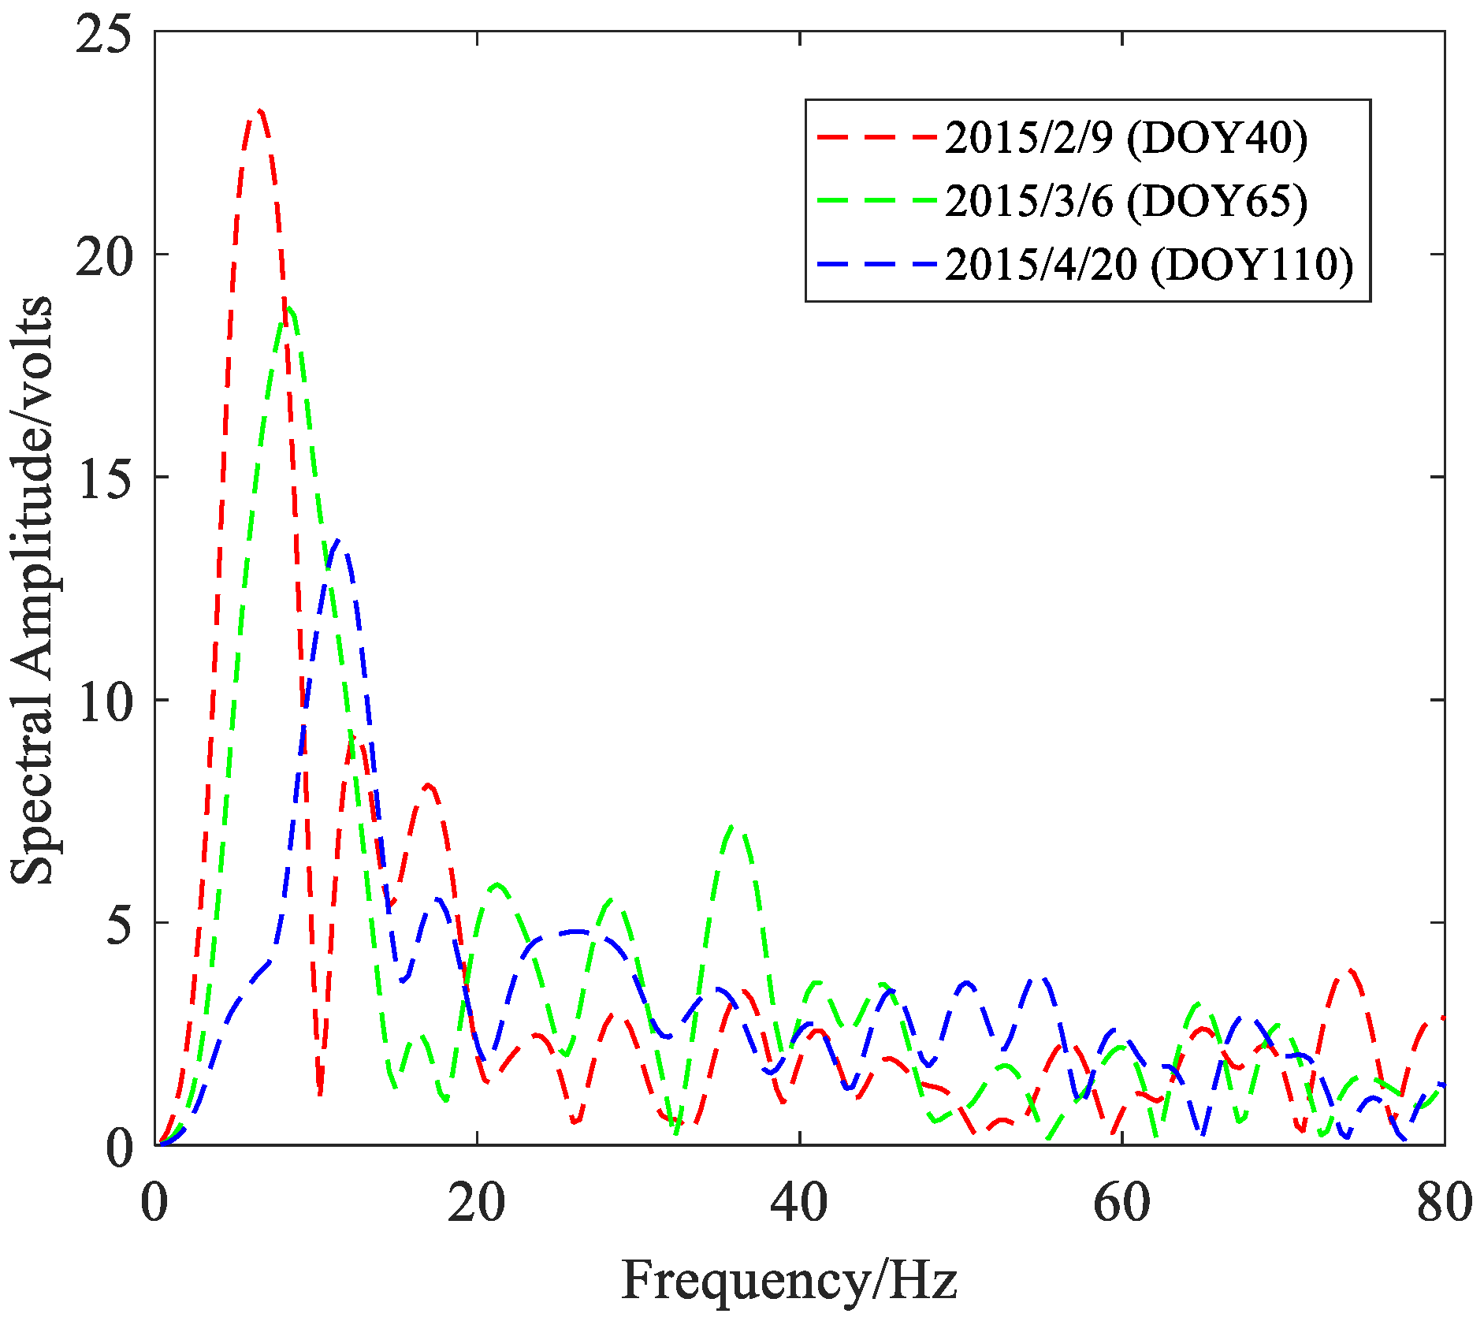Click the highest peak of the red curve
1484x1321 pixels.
tap(258, 112)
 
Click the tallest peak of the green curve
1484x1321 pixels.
tap(289, 309)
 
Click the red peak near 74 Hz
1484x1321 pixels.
tap(1350, 971)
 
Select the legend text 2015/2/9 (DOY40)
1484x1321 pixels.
tap(1126, 138)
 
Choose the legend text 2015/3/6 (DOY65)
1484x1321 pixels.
tap(1126, 201)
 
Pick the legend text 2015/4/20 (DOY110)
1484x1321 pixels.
tap(1149, 264)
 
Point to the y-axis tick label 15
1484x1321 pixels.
tap(103, 477)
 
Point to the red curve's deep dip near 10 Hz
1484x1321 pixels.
tap(320, 1094)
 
